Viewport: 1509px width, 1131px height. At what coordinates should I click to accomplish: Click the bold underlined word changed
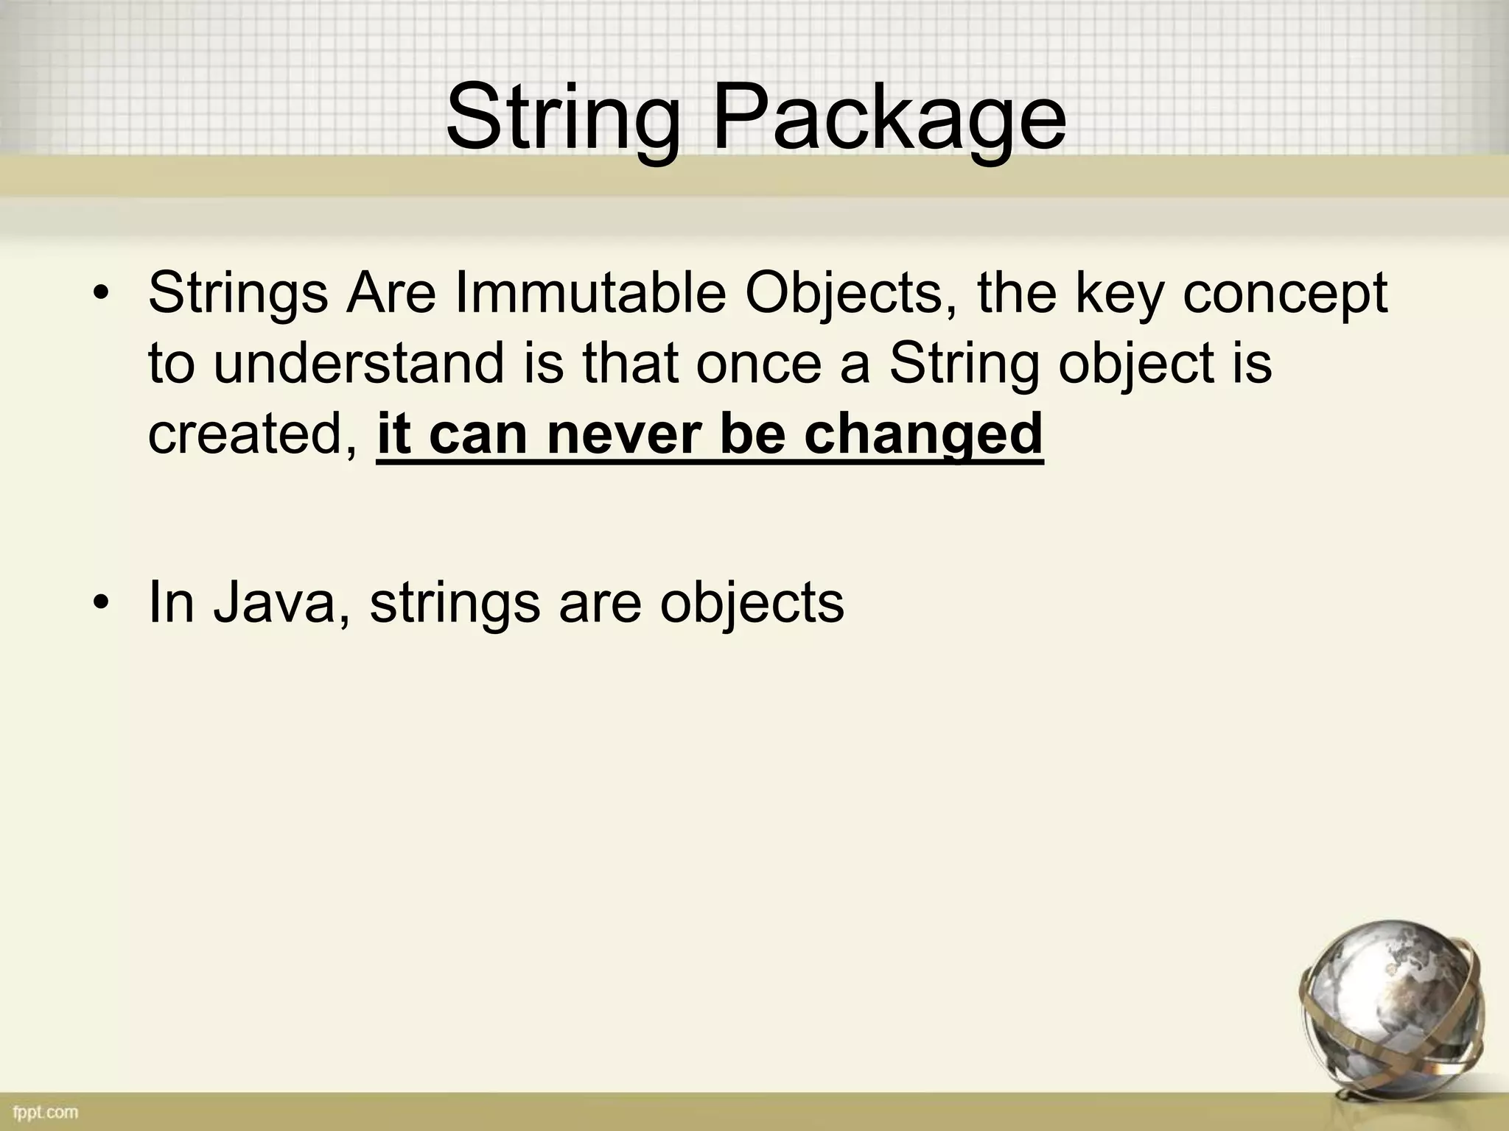click(923, 434)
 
